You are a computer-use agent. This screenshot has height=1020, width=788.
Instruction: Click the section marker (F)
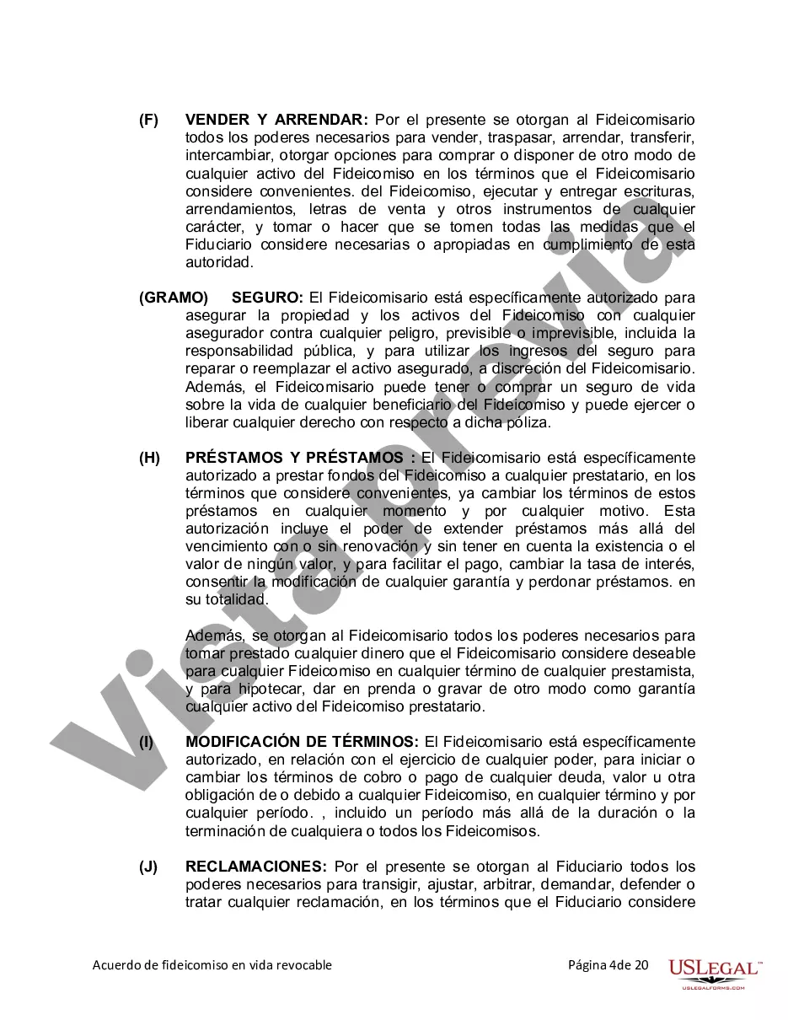[x=148, y=120]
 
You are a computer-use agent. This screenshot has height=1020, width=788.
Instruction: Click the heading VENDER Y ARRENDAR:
[x=276, y=120]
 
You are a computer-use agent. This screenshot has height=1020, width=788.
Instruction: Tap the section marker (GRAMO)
[x=174, y=298]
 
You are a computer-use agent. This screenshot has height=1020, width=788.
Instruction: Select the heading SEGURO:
[x=267, y=298]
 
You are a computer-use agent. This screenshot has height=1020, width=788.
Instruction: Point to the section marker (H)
[x=149, y=458]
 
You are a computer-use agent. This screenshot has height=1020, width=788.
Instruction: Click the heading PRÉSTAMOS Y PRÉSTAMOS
[x=294, y=458]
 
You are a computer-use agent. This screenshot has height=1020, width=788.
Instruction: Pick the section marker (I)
[x=147, y=742]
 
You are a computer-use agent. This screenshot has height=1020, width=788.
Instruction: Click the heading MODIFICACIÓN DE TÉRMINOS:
[x=302, y=742]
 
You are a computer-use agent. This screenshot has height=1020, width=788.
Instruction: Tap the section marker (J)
[x=148, y=867]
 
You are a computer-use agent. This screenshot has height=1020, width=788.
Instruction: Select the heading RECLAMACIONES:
[x=256, y=867]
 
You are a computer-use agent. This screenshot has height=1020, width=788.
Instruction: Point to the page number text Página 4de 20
[x=608, y=965]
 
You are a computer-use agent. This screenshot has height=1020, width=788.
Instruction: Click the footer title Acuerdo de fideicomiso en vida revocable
[x=212, y=965]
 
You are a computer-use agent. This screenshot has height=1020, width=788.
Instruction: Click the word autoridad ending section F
[x=219, y=262]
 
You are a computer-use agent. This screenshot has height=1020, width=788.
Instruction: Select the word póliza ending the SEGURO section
[x=528, y=422]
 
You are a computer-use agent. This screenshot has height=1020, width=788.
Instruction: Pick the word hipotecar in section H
[x=253, y=689]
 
